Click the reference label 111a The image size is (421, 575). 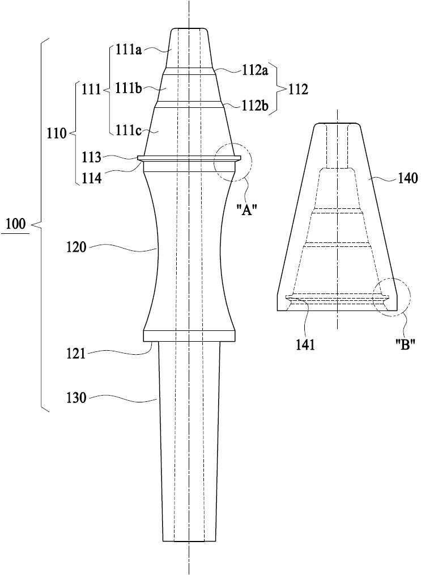pos(129,49)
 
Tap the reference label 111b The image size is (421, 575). pos(129,88)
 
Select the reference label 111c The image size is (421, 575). pos(129,130)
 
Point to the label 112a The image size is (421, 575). pos(255,70)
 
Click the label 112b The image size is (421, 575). pos(255,106)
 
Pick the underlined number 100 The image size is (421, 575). pos(16,224)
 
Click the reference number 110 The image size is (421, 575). pos(57,133)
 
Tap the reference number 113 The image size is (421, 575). pos(92,157)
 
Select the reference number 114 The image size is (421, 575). pos(92,179)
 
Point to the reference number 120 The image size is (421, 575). pos(76,247)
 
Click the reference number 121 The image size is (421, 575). pos(76,354)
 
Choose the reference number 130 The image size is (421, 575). pos(76,398)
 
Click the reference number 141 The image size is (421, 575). pos(305,345)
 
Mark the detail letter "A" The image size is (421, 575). pos(246,211)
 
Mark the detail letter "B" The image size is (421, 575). pos(405,345)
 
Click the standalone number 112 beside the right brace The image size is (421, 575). pos(298,90)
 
